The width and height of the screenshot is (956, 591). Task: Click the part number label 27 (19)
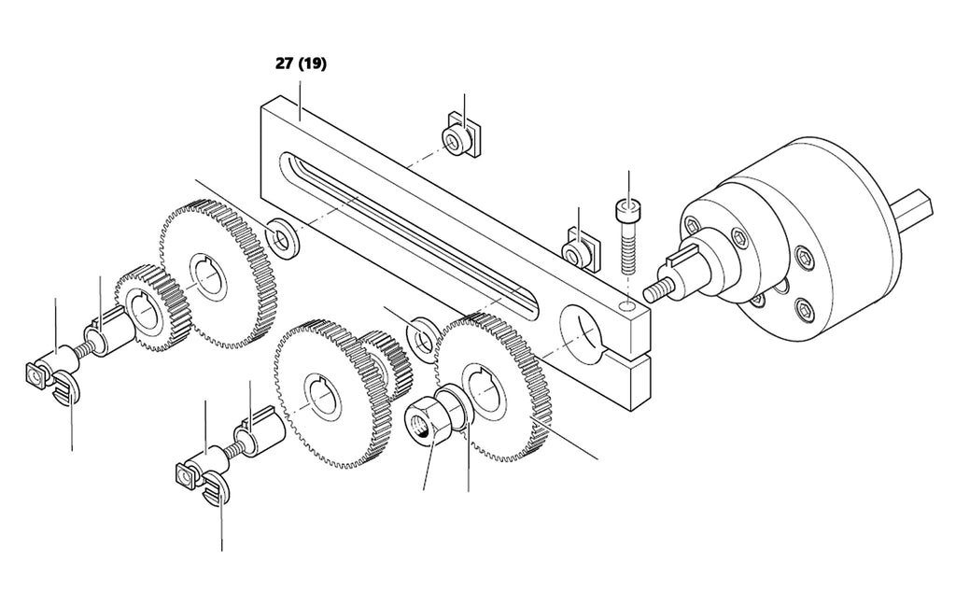301,64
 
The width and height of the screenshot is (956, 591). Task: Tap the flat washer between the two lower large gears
421,337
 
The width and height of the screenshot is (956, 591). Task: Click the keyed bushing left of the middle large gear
260,433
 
